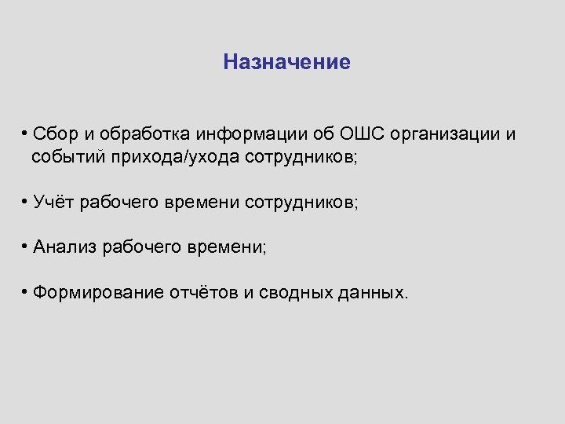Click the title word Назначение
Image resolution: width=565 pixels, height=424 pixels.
pos(286,62)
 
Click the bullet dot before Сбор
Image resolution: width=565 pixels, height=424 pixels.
pos(26,133)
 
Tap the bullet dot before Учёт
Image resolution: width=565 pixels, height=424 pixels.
pos(26,202)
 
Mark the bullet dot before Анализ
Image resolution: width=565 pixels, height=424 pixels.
pos(26,247)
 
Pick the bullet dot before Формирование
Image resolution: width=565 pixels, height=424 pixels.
pos(26,293)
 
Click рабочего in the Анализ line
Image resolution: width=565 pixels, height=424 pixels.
pos(140,248)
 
